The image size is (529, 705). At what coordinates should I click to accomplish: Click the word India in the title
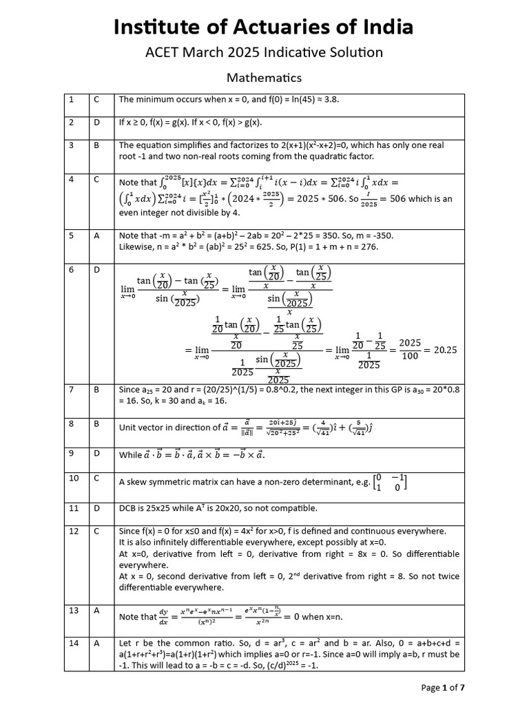[x=386, y=27]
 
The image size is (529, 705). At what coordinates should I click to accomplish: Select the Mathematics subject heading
[x=264, y=78]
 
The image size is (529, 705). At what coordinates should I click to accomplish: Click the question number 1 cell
[x=71, y=100]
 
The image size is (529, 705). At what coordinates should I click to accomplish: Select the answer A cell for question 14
[x=97, y=642]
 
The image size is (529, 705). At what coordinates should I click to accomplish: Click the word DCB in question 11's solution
[x=128, y=508]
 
